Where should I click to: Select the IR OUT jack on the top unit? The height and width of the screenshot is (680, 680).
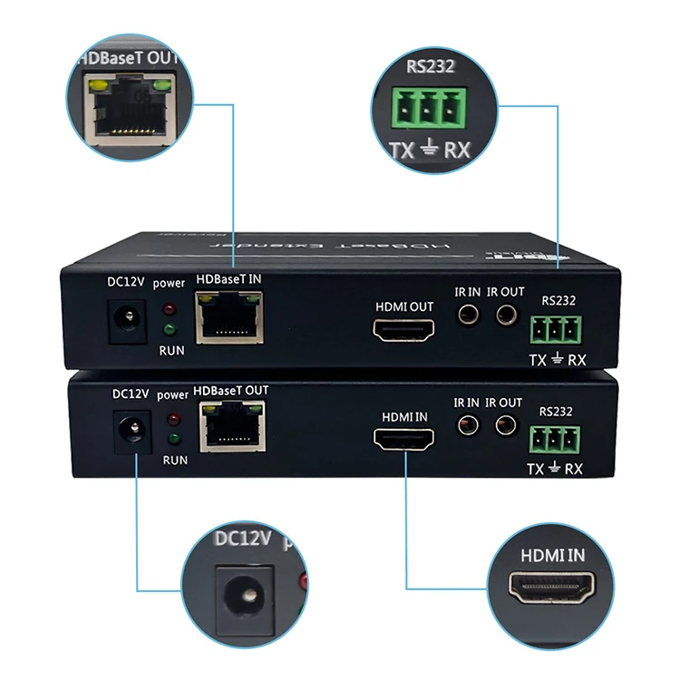click(505, 316)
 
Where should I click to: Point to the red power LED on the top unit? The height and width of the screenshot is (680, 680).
click(168, 306)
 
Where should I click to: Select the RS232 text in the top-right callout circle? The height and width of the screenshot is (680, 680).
click(431, 65)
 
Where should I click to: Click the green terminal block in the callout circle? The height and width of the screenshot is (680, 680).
click(431, 109)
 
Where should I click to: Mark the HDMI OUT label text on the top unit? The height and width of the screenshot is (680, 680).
click(403, 306)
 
